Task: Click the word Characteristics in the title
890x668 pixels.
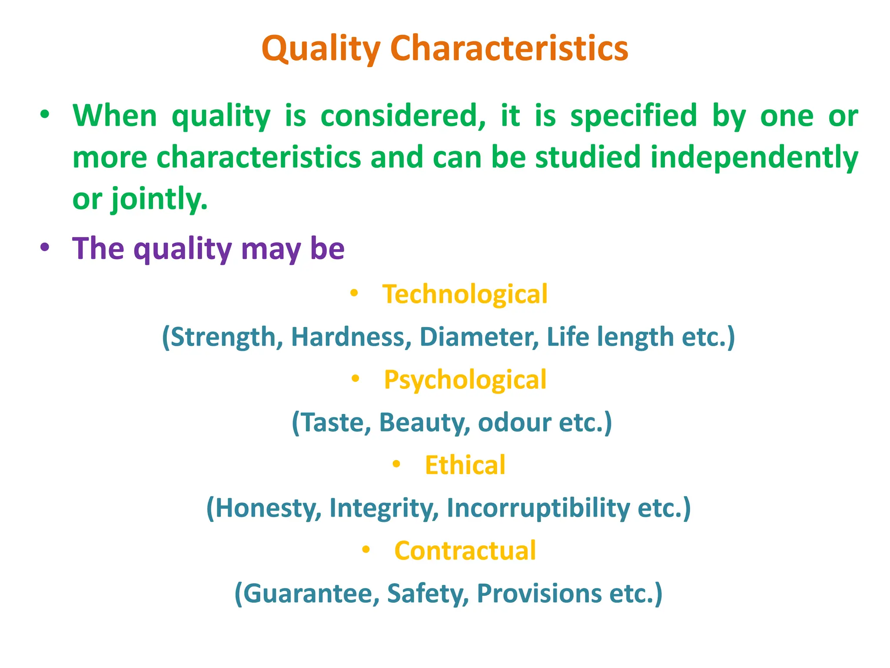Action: [x=509, y=49]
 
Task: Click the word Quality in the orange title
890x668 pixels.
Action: [x=321, y=49]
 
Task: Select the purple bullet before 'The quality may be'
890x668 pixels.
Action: [x=45, y=248]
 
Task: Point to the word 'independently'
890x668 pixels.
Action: [x=754, y=157]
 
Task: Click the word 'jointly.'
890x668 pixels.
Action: [x=159, y=199]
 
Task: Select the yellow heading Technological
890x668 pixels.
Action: [x=465, y=294]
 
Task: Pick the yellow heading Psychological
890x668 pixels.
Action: [x=465, y=380]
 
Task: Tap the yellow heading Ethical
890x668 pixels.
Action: [x=465, y=465]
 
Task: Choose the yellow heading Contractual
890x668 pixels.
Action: [x=465, y=551]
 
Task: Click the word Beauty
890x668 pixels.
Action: [x=424, y=422]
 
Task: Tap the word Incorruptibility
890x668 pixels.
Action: [x=538, y=508]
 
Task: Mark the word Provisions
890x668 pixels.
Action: [x=539, y=593]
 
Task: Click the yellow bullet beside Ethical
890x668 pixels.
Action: [x=396, y=464]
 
